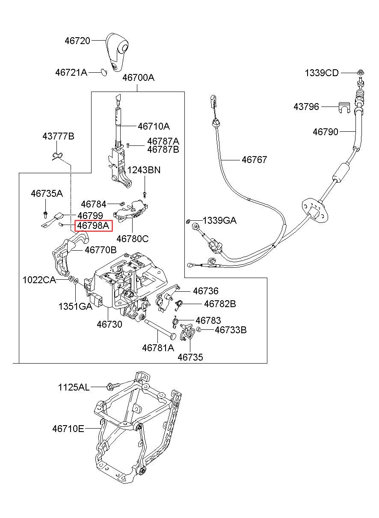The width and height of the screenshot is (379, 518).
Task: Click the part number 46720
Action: point(77,41)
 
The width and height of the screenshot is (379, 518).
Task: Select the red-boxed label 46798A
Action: point(94,225)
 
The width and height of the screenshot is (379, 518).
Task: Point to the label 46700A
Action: point(138,78)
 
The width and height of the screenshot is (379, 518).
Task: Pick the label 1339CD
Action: point(322,73)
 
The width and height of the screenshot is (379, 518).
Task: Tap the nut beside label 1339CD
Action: point(360,72)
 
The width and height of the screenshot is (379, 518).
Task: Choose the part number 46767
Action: point(254,160)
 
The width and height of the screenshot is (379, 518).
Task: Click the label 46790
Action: point(325,132)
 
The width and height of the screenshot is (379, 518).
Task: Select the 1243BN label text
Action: point(144,170)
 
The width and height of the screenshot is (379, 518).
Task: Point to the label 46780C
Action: point(133,239)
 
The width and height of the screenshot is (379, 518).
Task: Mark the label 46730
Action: point(109,324)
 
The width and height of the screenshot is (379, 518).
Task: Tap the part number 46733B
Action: point(231,330)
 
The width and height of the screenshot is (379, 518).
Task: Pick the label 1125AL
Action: point(74,388)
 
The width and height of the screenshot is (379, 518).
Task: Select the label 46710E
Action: point(68,428)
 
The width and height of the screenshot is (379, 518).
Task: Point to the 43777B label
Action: point(58,136)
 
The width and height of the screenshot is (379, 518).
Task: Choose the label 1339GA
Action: point(219,221)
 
